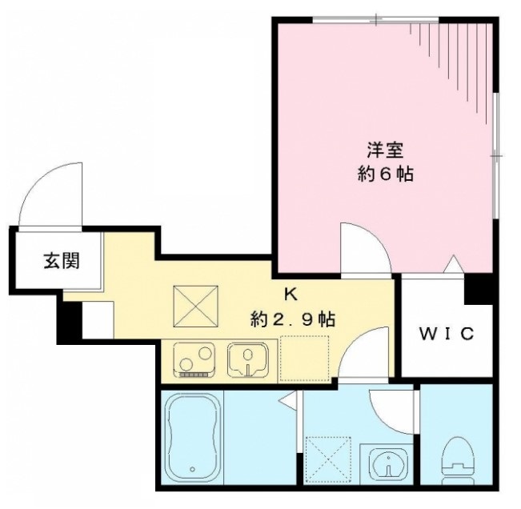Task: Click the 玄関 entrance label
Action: coord(61,260)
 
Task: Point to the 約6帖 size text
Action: coord(385,174)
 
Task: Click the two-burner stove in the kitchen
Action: coord(194,358)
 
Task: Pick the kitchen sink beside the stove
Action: coord(249,358)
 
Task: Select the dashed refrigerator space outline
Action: coord(304,357)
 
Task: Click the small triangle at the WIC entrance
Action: coord(453,264)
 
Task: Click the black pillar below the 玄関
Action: coord(71,319)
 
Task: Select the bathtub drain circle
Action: coord(192,469)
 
